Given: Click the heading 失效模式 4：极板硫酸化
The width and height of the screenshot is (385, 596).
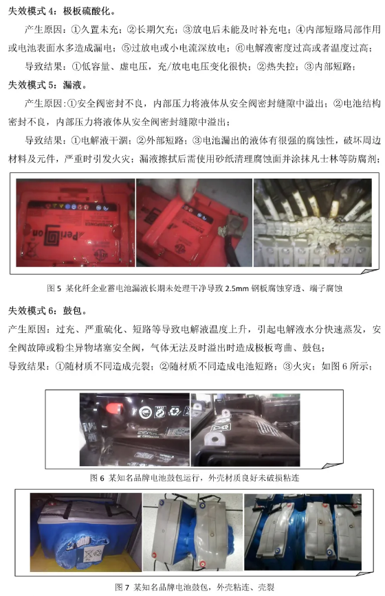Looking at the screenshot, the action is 62,12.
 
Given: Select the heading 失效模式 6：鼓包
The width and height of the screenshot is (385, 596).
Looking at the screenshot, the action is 47,311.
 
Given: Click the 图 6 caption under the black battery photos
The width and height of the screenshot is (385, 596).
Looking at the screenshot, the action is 195,477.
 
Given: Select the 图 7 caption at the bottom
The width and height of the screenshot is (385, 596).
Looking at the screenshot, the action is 195,587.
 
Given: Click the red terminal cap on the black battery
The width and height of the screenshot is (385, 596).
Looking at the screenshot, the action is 113,409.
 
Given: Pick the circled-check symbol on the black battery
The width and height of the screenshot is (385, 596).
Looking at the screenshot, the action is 145,412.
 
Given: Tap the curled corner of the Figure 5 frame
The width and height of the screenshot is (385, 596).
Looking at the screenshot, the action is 370,271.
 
